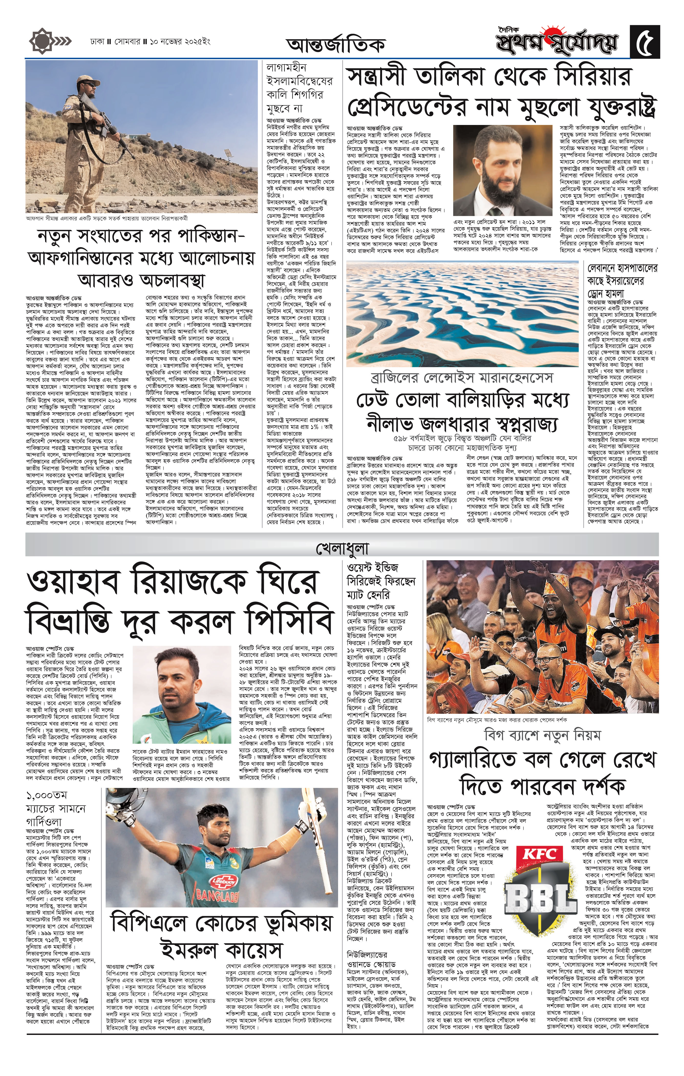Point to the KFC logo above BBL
point(540,855)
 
